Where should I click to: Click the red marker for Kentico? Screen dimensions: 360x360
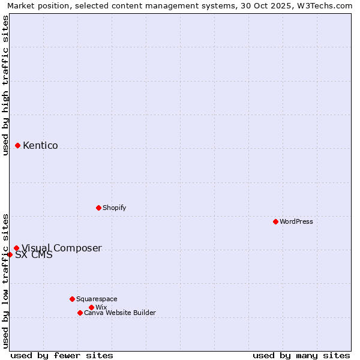tap(17, 145)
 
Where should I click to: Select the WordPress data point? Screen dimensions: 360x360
tap(275, 221)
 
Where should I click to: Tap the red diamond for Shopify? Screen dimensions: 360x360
tap(98, 208)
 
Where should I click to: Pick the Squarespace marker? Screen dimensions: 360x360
tap(72, 299)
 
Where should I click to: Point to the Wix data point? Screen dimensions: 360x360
tap(91, 307)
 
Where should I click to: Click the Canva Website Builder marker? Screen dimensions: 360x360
tap(80, 313)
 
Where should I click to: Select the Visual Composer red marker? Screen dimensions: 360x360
tap(16, 248)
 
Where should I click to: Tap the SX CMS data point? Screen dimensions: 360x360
tap(10, 254)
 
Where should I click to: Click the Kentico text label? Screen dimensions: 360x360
tap(40, 145)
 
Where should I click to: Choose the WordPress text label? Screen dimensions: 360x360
tap(296, 221)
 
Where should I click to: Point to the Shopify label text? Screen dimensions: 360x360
tap(114, 208)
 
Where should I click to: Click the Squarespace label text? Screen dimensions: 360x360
tap(97, 299)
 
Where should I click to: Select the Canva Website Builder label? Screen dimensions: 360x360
tap(120, 313)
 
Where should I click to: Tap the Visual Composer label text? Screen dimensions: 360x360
tap(62, 248)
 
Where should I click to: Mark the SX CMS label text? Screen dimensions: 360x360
tap(34, 255)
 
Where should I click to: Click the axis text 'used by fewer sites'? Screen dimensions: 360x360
tap(62, 355)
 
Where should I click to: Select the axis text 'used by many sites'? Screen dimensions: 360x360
tap(301, 355)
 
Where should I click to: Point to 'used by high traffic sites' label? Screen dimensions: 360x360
tap(5, 85)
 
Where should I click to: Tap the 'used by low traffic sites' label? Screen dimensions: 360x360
tap(5, 281)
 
